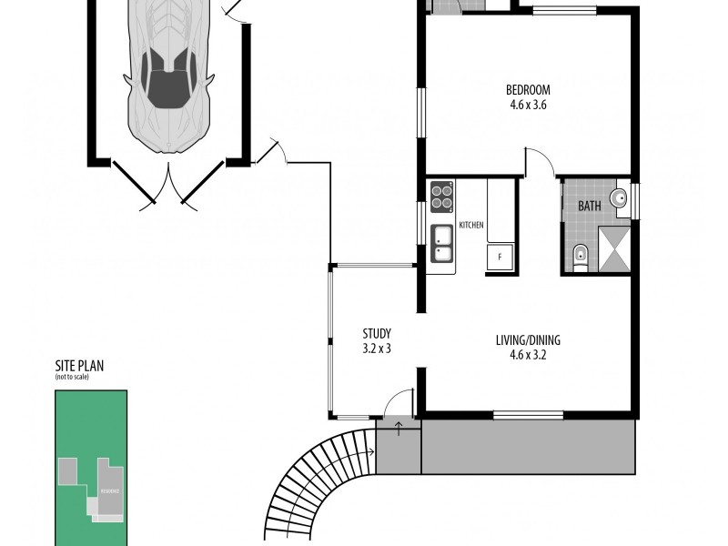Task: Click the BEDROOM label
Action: tap(528, 89)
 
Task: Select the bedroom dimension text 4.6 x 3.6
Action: tap(528, 104)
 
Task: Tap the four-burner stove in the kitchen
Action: tap(442, 197)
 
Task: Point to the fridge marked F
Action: tap(500, 257)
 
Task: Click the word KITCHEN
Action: tap(470, 225)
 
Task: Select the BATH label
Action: tap(589, 206)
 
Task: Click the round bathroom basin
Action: tap(621, 199)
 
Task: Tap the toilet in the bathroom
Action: tap(581, 256)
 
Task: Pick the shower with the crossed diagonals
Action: tap(614, 249)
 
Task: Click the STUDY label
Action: tap(376, 333)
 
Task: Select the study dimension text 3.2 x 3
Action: tap(376, 348)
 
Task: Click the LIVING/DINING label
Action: tap(528, 340)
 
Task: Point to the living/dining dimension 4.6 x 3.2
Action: tap(528, 355)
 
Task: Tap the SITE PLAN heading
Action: tap(79, 367)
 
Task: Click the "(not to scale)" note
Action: tap(72, 378)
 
